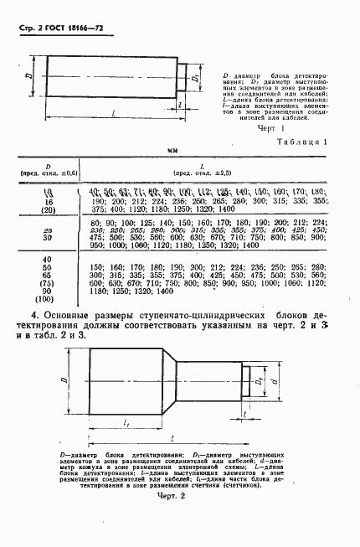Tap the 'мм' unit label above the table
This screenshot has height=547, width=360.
coord(176,151)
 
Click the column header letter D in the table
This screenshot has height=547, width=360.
coord(49,165)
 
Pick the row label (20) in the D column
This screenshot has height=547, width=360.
coord(49,212)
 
